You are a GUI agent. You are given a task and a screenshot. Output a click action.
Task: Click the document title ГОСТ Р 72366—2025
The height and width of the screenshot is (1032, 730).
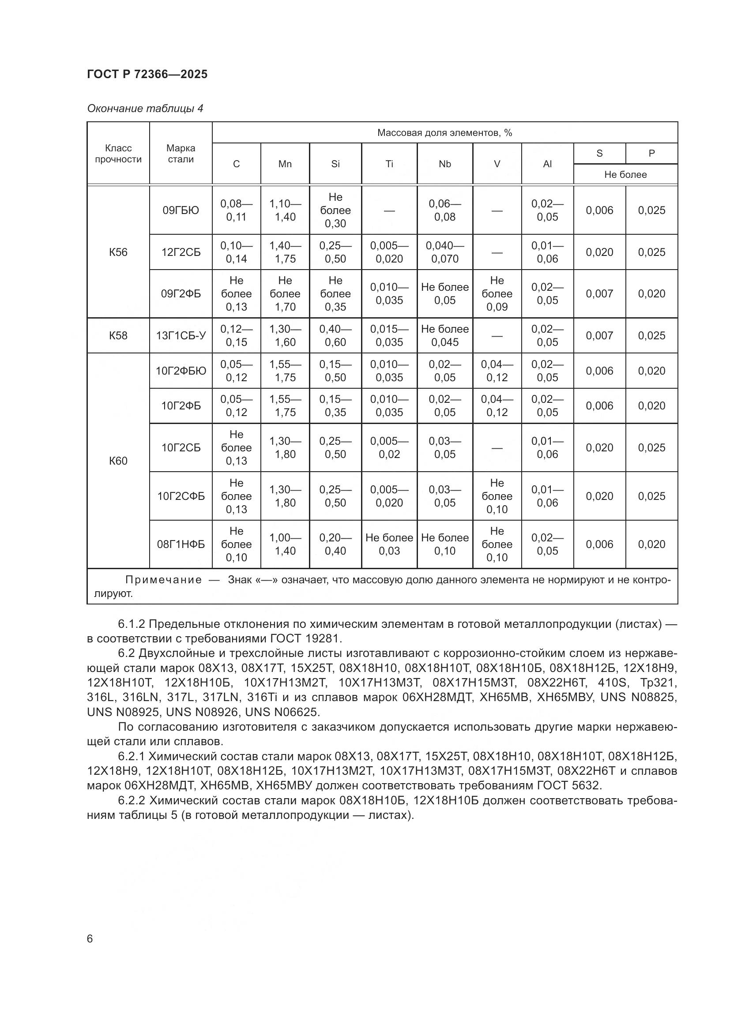pos(147,74)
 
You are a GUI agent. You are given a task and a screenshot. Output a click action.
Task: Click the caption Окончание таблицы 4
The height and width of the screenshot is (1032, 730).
pos(145,109)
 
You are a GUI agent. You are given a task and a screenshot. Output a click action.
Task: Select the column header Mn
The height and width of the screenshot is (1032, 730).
pos(285,164)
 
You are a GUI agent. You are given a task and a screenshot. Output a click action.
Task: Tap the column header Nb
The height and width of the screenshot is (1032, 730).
pos(444,164)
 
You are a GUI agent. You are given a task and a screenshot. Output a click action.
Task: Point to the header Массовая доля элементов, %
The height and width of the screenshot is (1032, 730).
pos(444,133)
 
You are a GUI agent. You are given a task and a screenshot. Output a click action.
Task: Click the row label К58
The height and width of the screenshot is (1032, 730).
pos(118,336)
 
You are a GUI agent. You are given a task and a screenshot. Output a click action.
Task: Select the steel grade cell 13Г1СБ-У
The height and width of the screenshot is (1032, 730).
pos(181,336)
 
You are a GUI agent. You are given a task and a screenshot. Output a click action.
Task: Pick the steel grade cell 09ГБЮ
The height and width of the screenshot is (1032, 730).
pos(181,210)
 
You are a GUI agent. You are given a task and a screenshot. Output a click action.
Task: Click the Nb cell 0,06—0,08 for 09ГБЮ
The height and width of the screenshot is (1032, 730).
pos(444,210)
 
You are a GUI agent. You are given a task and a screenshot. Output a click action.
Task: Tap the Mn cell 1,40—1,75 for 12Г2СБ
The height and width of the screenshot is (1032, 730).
pos(285,252)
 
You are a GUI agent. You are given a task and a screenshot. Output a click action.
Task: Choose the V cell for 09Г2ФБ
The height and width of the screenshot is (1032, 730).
pos(497,293)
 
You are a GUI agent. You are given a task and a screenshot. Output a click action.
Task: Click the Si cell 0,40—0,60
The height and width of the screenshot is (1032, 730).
pos(335,336)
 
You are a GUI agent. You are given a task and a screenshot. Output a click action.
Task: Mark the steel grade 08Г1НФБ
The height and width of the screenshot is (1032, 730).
pos(181,544)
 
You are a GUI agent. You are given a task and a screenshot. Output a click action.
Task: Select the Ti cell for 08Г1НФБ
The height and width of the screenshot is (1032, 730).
pos(389,544)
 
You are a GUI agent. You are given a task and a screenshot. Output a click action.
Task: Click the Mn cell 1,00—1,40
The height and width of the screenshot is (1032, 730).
pos(285,544)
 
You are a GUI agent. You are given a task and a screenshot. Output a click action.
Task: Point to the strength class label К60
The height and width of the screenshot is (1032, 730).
pos(118,461)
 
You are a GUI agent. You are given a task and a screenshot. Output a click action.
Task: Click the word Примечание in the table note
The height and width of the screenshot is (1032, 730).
pos(164,580)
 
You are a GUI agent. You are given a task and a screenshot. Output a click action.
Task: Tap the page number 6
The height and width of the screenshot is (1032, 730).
pos(90,938)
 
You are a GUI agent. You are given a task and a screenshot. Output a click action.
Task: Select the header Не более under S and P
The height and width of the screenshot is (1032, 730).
pos(625,174)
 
